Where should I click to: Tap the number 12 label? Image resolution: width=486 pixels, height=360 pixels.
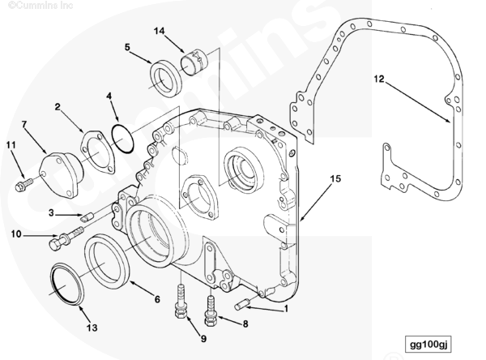coord(378,79)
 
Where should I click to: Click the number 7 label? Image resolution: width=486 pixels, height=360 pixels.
coord(23,124)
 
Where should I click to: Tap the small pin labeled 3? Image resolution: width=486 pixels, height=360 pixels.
coord(88,216)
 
